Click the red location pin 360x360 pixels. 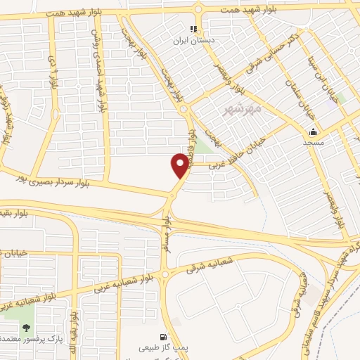(180, 166)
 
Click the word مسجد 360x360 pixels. (313, 143)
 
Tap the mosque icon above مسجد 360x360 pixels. (313, 132)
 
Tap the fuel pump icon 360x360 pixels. (164, 337)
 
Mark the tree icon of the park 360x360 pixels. (27, 328)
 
